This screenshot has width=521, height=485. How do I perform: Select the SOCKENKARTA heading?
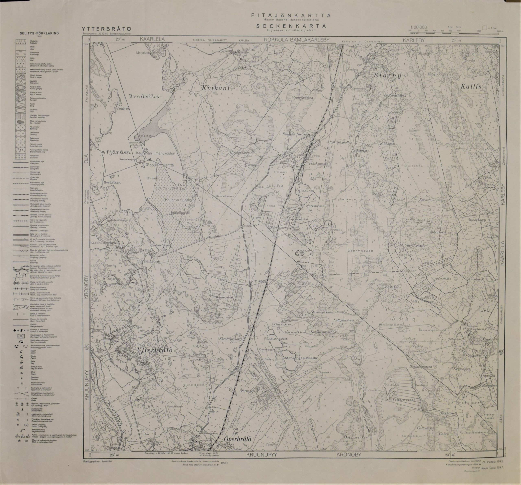[291, 26]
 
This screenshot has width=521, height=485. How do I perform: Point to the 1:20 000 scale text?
[419, 27]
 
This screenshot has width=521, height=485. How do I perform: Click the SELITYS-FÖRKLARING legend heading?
[39, 33]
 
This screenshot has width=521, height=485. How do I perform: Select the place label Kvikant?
[216, 88]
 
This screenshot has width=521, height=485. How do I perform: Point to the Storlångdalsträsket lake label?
[301, 357]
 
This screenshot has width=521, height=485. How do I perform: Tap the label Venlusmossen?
[302, 97]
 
